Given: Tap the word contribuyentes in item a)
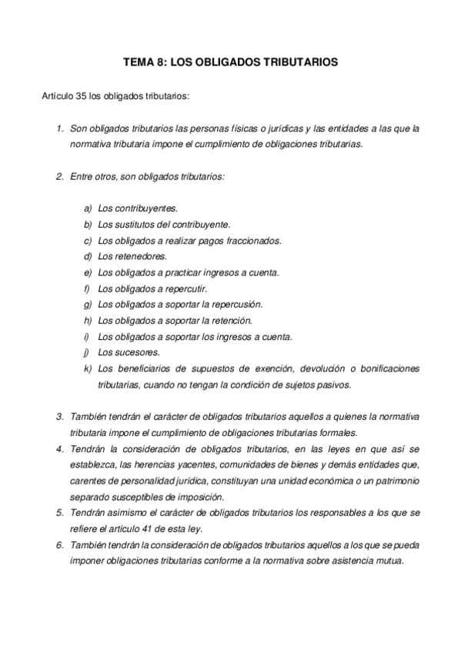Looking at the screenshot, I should pos(145,208).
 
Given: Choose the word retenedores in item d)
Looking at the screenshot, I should pos(139,257).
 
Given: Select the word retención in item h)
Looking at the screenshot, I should pos(224,321).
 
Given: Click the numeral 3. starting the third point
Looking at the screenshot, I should pos(59,417).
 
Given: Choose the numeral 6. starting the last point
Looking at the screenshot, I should pos(59,544).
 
